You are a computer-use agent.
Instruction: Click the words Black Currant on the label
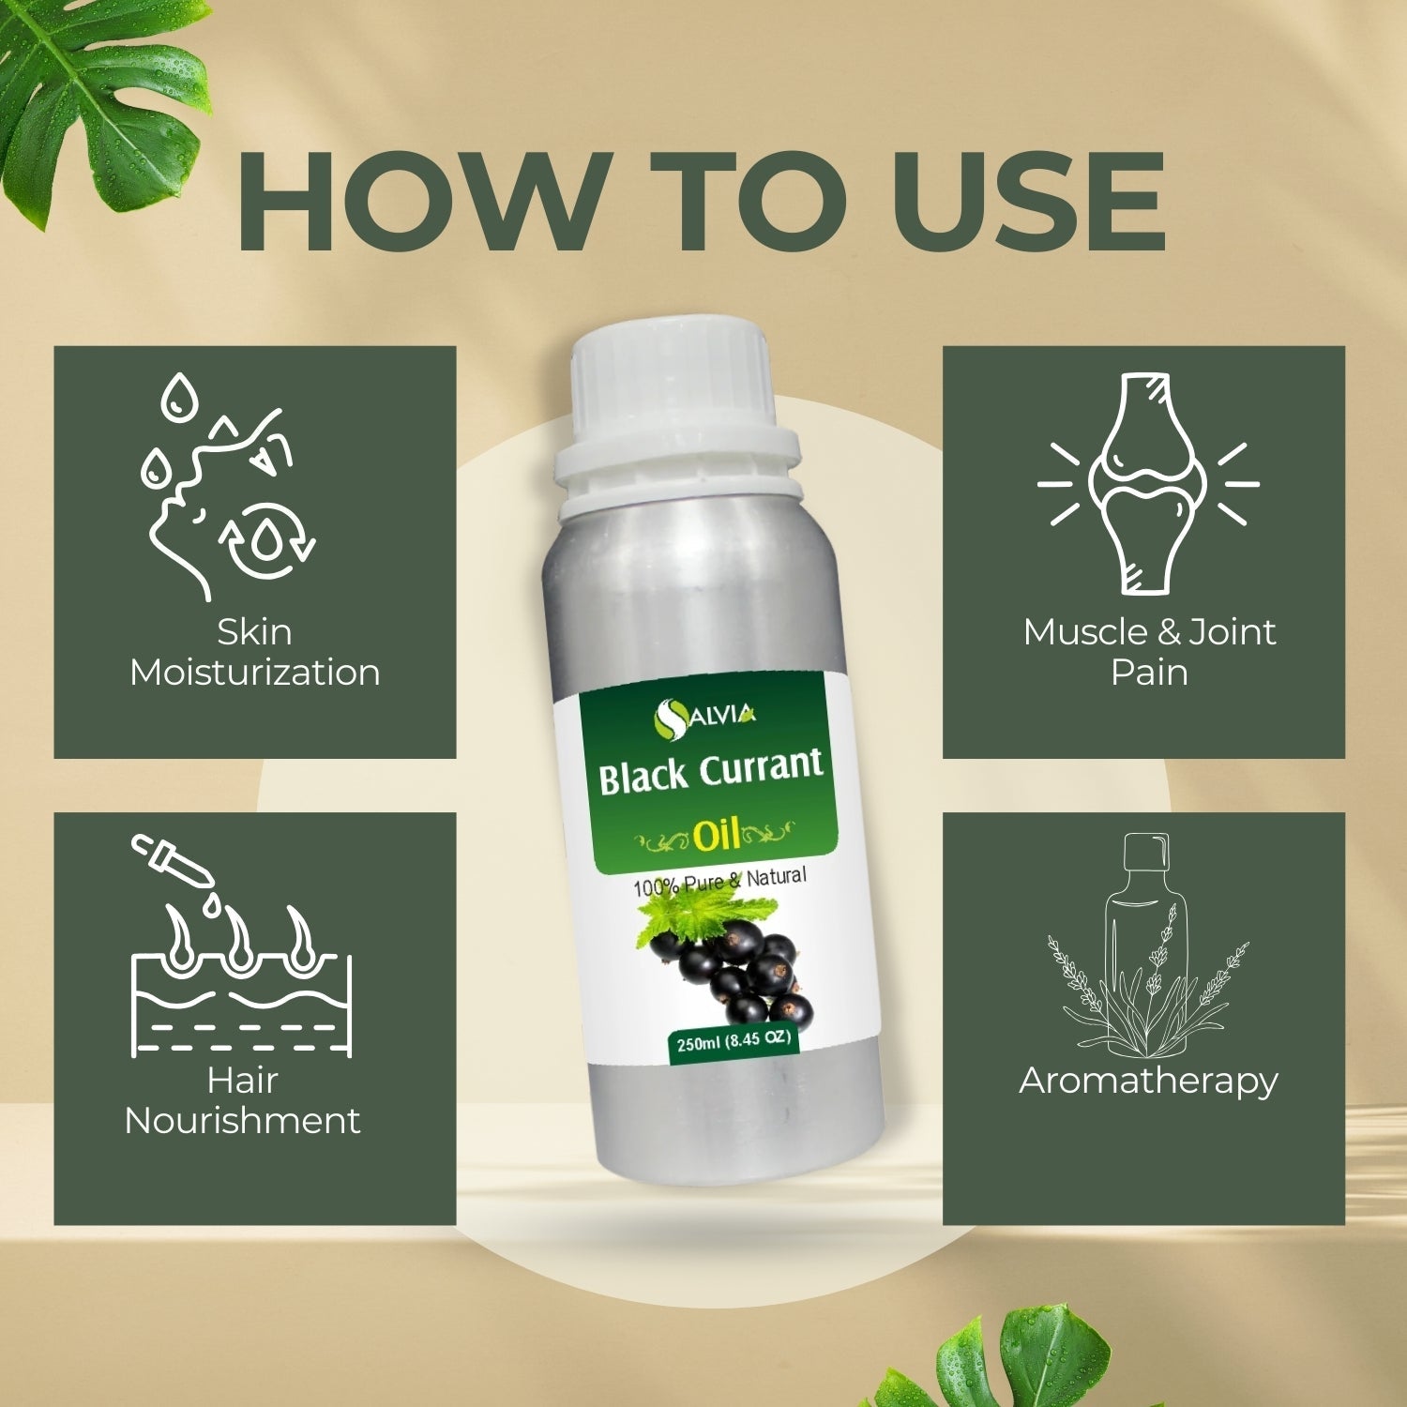[711, 774]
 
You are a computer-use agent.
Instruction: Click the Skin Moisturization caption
[255, 652]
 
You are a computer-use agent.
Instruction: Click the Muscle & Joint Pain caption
[1149, 652]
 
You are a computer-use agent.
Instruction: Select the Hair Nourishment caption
[242, 1100]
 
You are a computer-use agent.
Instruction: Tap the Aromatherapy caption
[1148, 1082]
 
